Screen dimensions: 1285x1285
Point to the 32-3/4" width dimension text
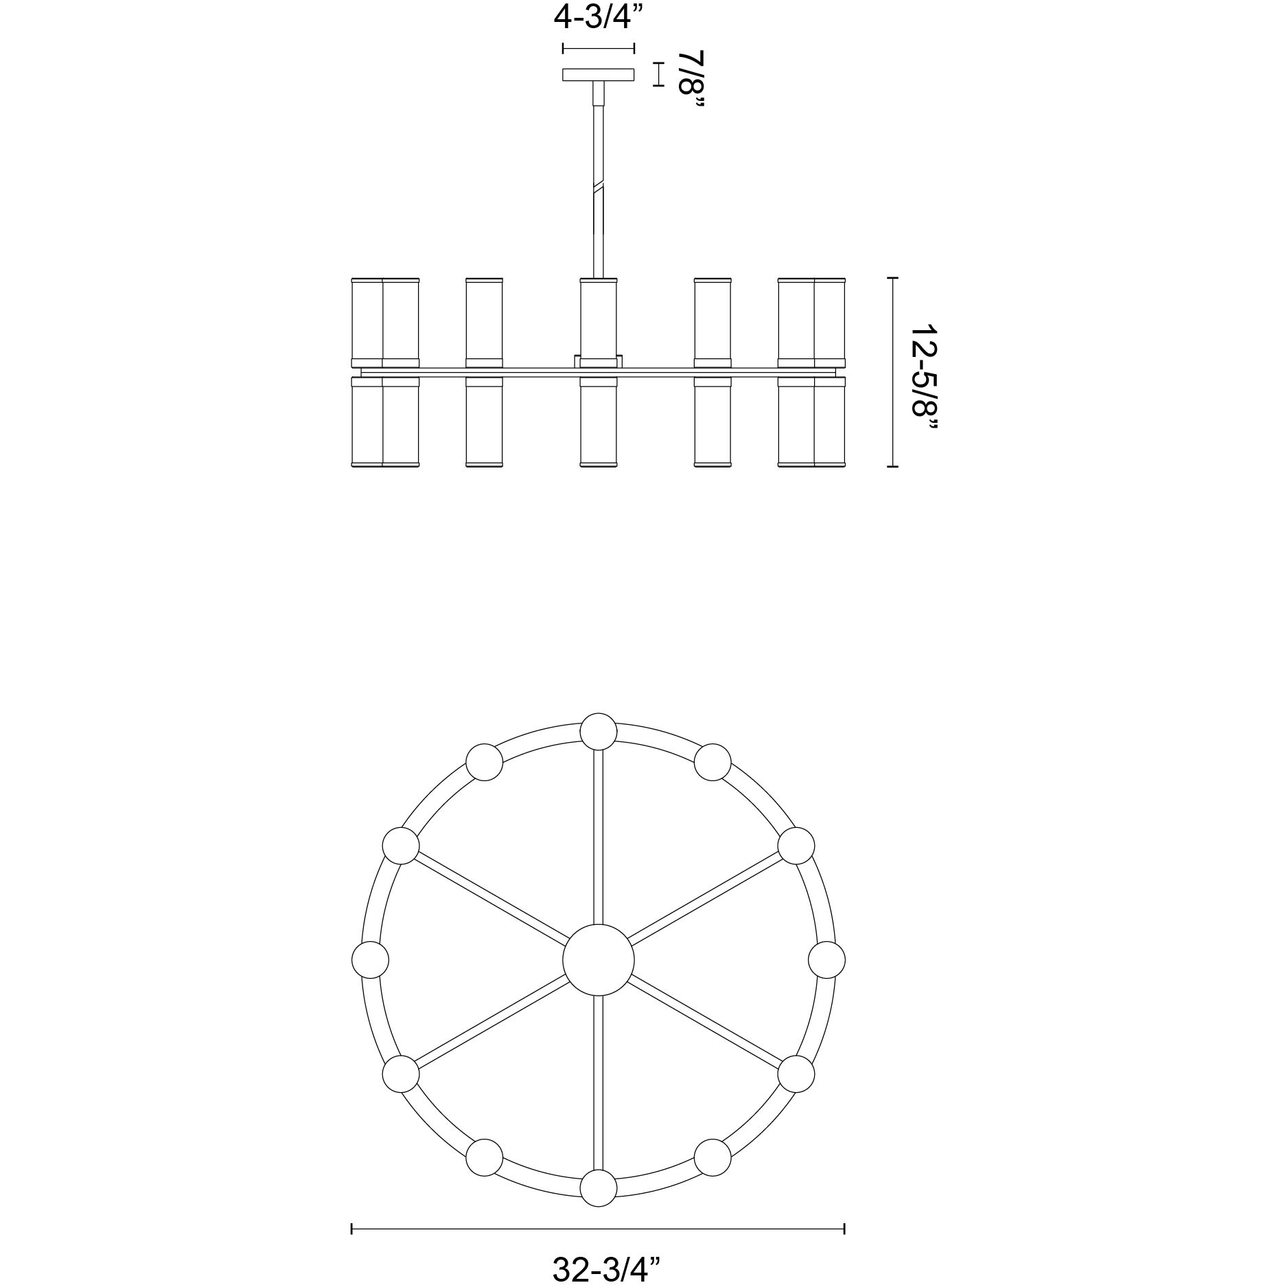click(597, 1269)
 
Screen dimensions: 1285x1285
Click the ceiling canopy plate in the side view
click(598, 74)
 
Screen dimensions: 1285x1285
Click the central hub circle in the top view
click(598, 960)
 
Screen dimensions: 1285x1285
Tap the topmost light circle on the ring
click(598, 731)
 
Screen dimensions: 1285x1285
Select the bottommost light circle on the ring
click(598, 1188)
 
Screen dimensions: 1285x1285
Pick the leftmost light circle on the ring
click(370, 960)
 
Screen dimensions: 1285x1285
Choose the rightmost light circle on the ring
click(826, 960)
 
